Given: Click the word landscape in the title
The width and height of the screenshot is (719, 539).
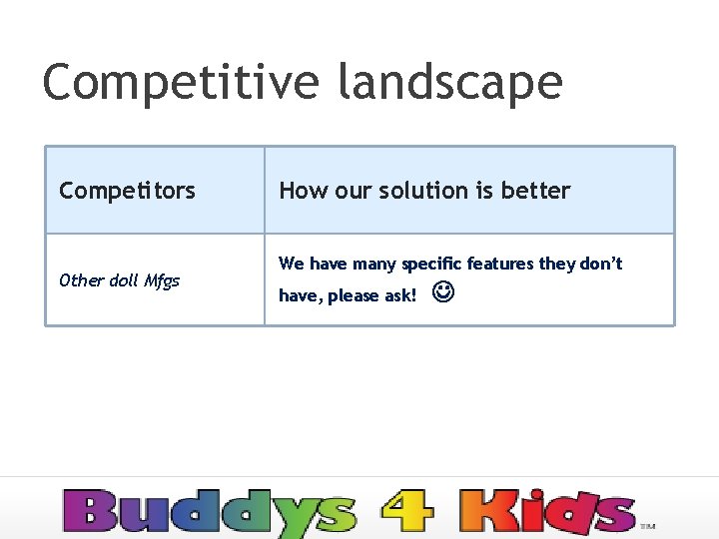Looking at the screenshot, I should [x=450, y=82].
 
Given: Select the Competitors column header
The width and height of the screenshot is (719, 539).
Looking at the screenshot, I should [x=127, y=191].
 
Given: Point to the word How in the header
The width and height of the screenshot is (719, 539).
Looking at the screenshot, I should [x=297, y=191].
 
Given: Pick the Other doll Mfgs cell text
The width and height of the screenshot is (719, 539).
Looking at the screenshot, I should [x=119, y=280].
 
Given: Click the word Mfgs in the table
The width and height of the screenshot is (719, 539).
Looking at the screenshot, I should [x=162, y=280].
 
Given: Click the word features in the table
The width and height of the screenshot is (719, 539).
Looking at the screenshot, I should [x=500, y=264].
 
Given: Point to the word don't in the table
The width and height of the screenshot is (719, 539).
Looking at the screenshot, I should [x=601, y=264].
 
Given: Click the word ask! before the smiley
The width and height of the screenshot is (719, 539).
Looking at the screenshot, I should [x=399, y=295].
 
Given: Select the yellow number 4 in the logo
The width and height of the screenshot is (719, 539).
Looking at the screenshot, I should [x=407, y=511].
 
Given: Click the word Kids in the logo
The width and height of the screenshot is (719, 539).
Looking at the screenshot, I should [x=547, y=511].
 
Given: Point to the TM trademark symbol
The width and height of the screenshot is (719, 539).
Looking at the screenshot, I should [x=647, y=525].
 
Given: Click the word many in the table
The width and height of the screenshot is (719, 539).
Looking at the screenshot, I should [x=372, y=265].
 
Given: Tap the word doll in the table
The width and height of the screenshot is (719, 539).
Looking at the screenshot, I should [x=123, y=280].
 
